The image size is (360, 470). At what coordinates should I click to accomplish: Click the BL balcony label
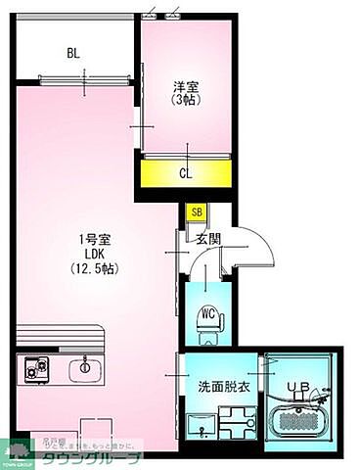(72, 53)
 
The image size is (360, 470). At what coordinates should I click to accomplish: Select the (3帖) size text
(186, 99)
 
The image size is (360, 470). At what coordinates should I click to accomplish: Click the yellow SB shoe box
(197, 211)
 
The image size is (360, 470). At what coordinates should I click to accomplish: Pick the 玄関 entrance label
(206, 238)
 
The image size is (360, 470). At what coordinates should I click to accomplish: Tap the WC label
(207, 313)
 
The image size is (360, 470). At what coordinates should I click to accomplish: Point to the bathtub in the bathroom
(302, 421)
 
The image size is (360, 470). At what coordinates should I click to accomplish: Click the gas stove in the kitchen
(37, 369)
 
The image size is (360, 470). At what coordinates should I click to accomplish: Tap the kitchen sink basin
(85, 368)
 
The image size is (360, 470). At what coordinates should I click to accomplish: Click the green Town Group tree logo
(19, 451)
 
